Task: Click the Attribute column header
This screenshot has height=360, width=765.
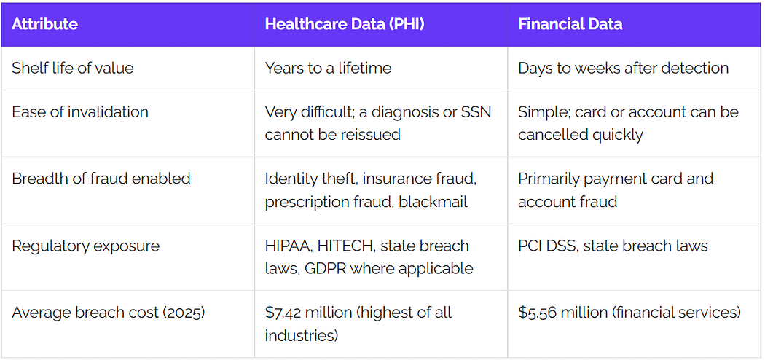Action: (45, 24)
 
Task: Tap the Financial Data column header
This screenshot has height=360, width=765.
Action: (570, 24)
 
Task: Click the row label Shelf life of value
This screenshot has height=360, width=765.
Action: (72, 68)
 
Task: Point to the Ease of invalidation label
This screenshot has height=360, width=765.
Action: (80, 111)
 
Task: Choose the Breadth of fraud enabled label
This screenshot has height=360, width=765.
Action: (101, 179)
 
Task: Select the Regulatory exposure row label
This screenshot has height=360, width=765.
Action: (85, 246)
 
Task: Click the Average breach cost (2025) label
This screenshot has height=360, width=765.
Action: (109, 313)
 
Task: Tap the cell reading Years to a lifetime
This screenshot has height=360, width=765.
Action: (328, 68)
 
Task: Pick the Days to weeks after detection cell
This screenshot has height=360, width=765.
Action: (623, 68)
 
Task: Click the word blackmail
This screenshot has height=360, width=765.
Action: (433, 201)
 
